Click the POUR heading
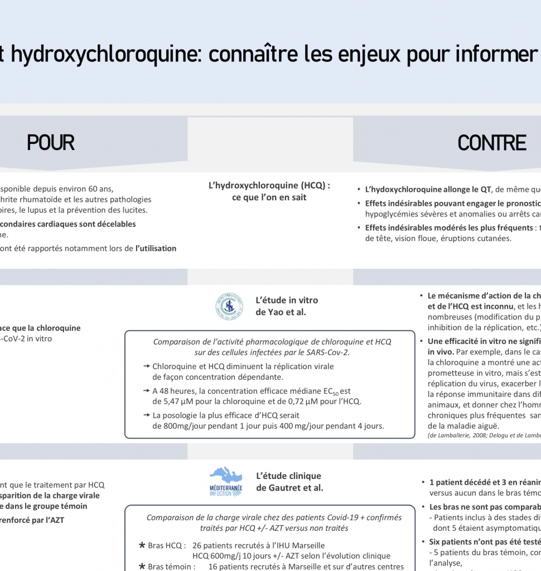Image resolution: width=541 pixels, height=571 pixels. tap(51, 143)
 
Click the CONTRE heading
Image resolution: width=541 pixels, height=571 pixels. tap(492, 143)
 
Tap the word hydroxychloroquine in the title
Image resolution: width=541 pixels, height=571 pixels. tap(98, 54)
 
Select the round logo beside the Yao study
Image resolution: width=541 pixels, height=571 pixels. tap(229, 306)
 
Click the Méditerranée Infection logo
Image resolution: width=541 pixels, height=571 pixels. tap(226, 482)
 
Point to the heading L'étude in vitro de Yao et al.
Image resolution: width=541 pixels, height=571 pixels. tap(287, 306)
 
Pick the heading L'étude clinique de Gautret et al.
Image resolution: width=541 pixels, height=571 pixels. tap(289, 482)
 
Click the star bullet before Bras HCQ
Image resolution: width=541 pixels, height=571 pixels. tap(142, 545)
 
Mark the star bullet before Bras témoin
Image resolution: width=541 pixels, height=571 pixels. tap(142, 567)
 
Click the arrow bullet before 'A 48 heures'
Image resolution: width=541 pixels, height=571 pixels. tap(147, 391)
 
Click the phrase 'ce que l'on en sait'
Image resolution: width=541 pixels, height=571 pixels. tap(269, 197)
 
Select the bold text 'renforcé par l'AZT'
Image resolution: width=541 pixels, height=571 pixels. tap(32, 520)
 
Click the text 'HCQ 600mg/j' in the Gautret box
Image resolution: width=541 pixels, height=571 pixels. tap(218, 556)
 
